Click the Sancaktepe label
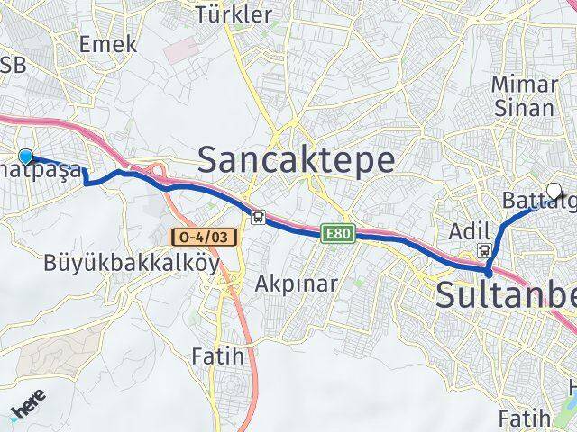pyautogui.click(x=296, y=160)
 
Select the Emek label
pyautogui.click(x=108, y=44)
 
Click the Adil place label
pyautogui.click(x=467, y=229)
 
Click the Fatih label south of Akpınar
pyautogui.click(x=217, y=355)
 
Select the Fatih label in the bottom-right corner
pyautogui.click(x=524, y=418)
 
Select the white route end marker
pyautogui.click(x=554, y=190)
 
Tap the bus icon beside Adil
pyautogui.click(x=485, y=251)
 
